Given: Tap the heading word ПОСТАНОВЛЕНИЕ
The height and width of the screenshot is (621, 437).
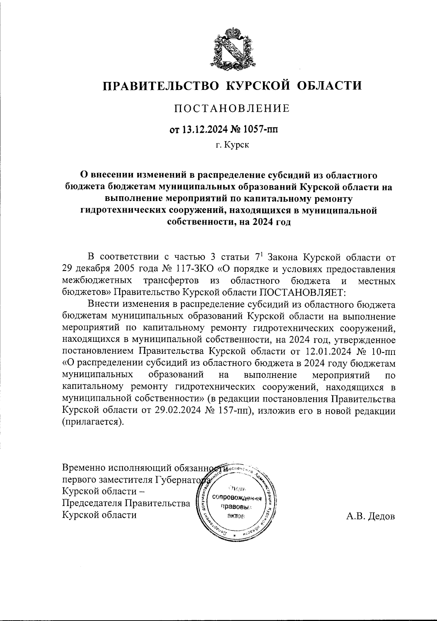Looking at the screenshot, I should coord(232,108).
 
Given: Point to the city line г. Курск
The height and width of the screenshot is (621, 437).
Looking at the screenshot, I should coord(232,145).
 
